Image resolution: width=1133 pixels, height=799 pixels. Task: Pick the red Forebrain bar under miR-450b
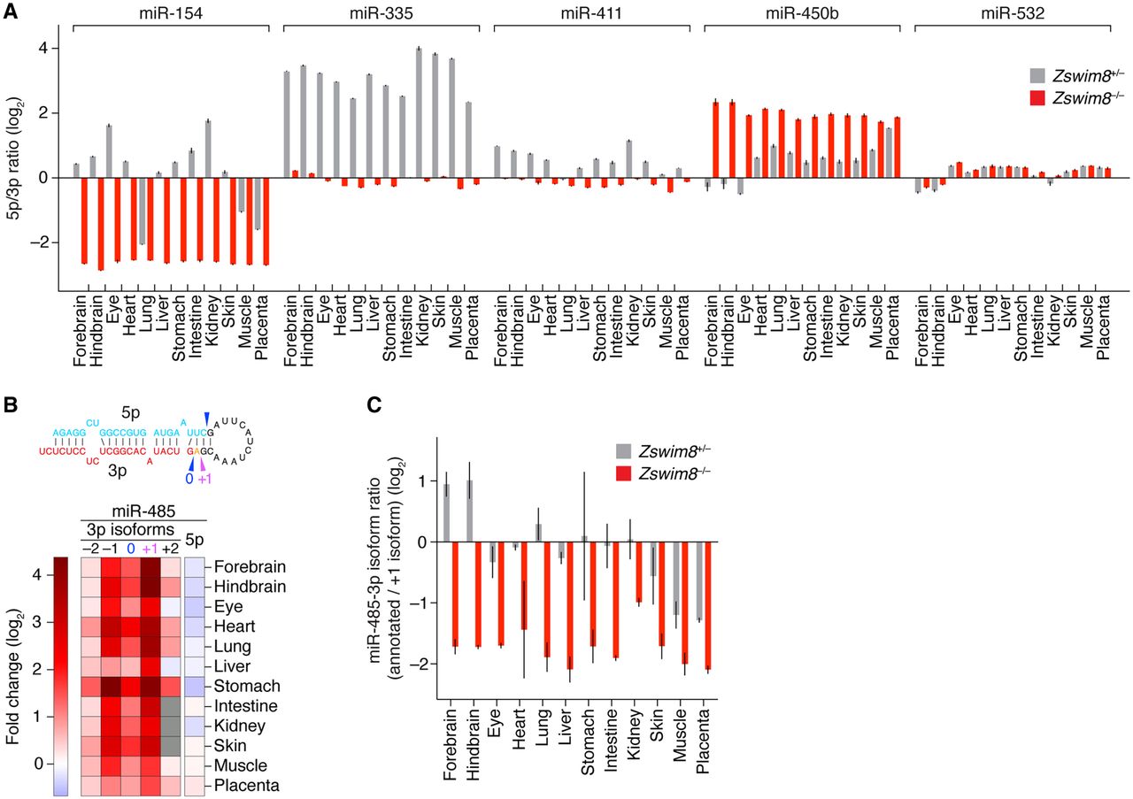coord(715,140)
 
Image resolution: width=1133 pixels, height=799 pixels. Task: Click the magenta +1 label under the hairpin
coord(203,479)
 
